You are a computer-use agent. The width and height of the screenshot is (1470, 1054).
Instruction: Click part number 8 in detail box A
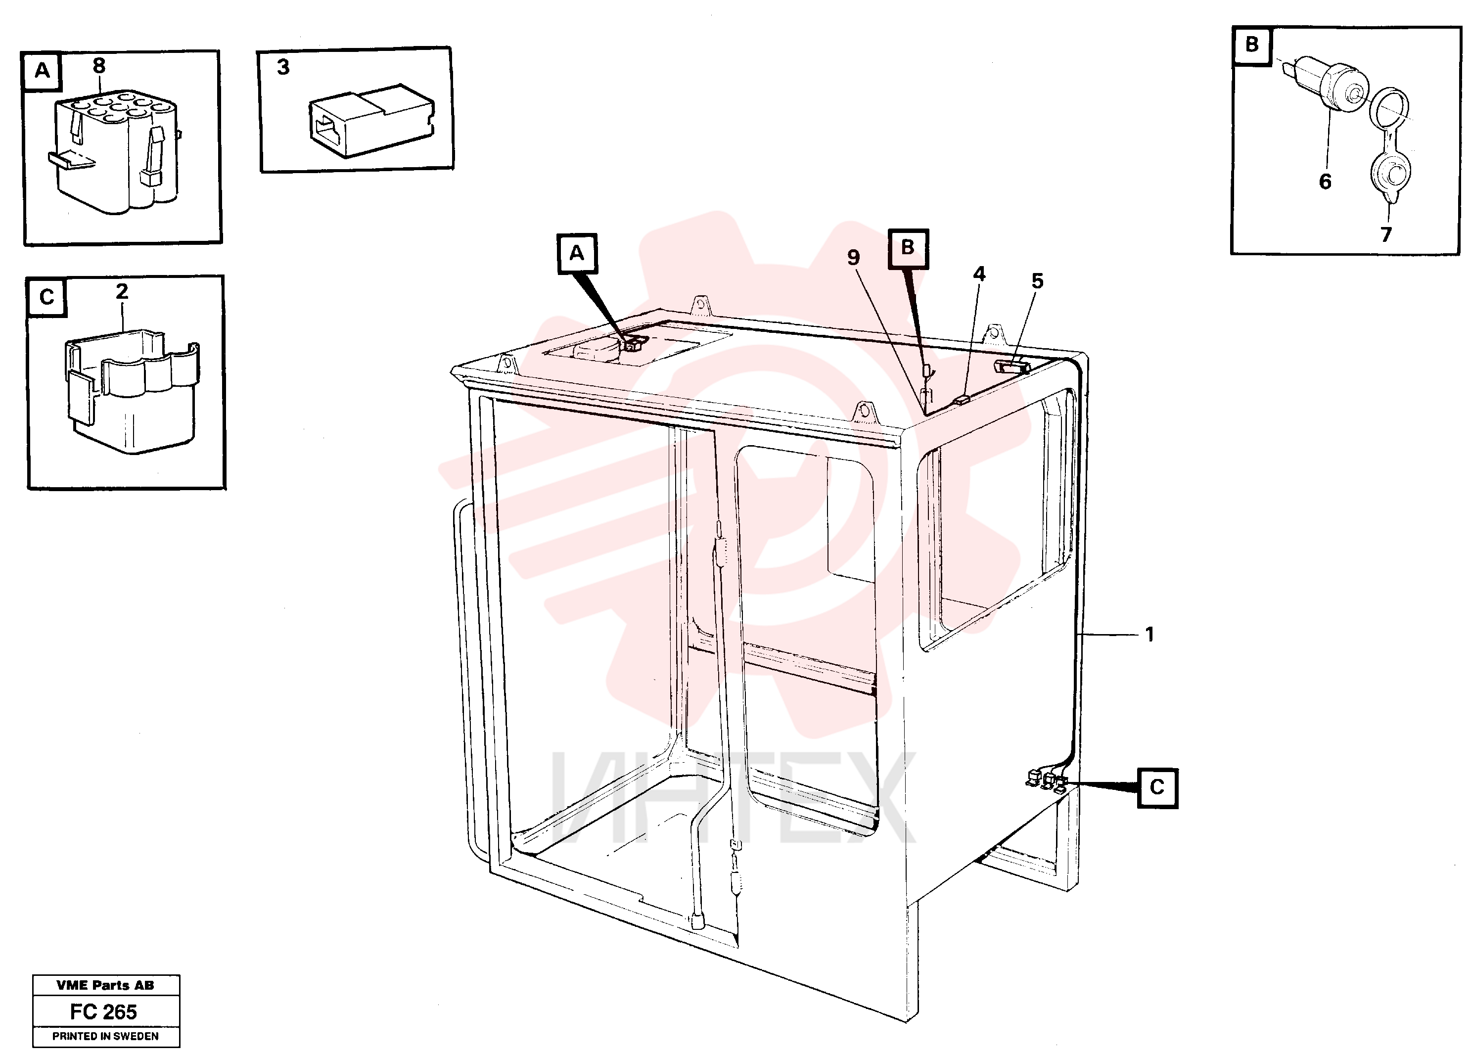click(x=99, y=65)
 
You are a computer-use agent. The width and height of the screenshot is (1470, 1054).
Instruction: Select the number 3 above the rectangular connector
click(x=283, y=67)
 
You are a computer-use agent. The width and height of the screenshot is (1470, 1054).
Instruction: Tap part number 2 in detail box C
click(x=122, y=292)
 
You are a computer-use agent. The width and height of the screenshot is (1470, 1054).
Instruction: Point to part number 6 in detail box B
click(x=1325, y=182)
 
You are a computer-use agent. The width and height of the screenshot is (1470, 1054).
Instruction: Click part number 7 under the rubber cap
click(x=1386, y=234)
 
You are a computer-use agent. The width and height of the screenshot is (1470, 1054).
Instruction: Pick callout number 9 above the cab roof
click(x=854, y=257)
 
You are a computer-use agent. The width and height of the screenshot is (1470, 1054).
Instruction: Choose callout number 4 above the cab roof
click(x=979, y=274)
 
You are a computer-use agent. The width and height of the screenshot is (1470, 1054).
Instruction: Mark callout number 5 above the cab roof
click(x=1038, y=281)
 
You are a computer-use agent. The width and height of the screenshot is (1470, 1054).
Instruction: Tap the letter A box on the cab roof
click(x=577, y=253)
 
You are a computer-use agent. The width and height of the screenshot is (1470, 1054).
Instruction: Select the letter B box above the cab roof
click(x=908, y=248)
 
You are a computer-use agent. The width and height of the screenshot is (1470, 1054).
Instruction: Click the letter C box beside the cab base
click(x=1157, y=787)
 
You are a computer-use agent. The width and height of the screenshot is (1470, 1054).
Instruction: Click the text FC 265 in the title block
click(x=104, y=1012)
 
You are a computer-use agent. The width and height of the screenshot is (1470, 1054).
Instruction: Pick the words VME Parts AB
click(x=106, y=985)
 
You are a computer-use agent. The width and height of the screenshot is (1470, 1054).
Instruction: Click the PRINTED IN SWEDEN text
click(x=106, y=1036)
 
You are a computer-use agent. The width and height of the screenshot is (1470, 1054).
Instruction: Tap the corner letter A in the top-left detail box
click(x=42, y=71)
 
